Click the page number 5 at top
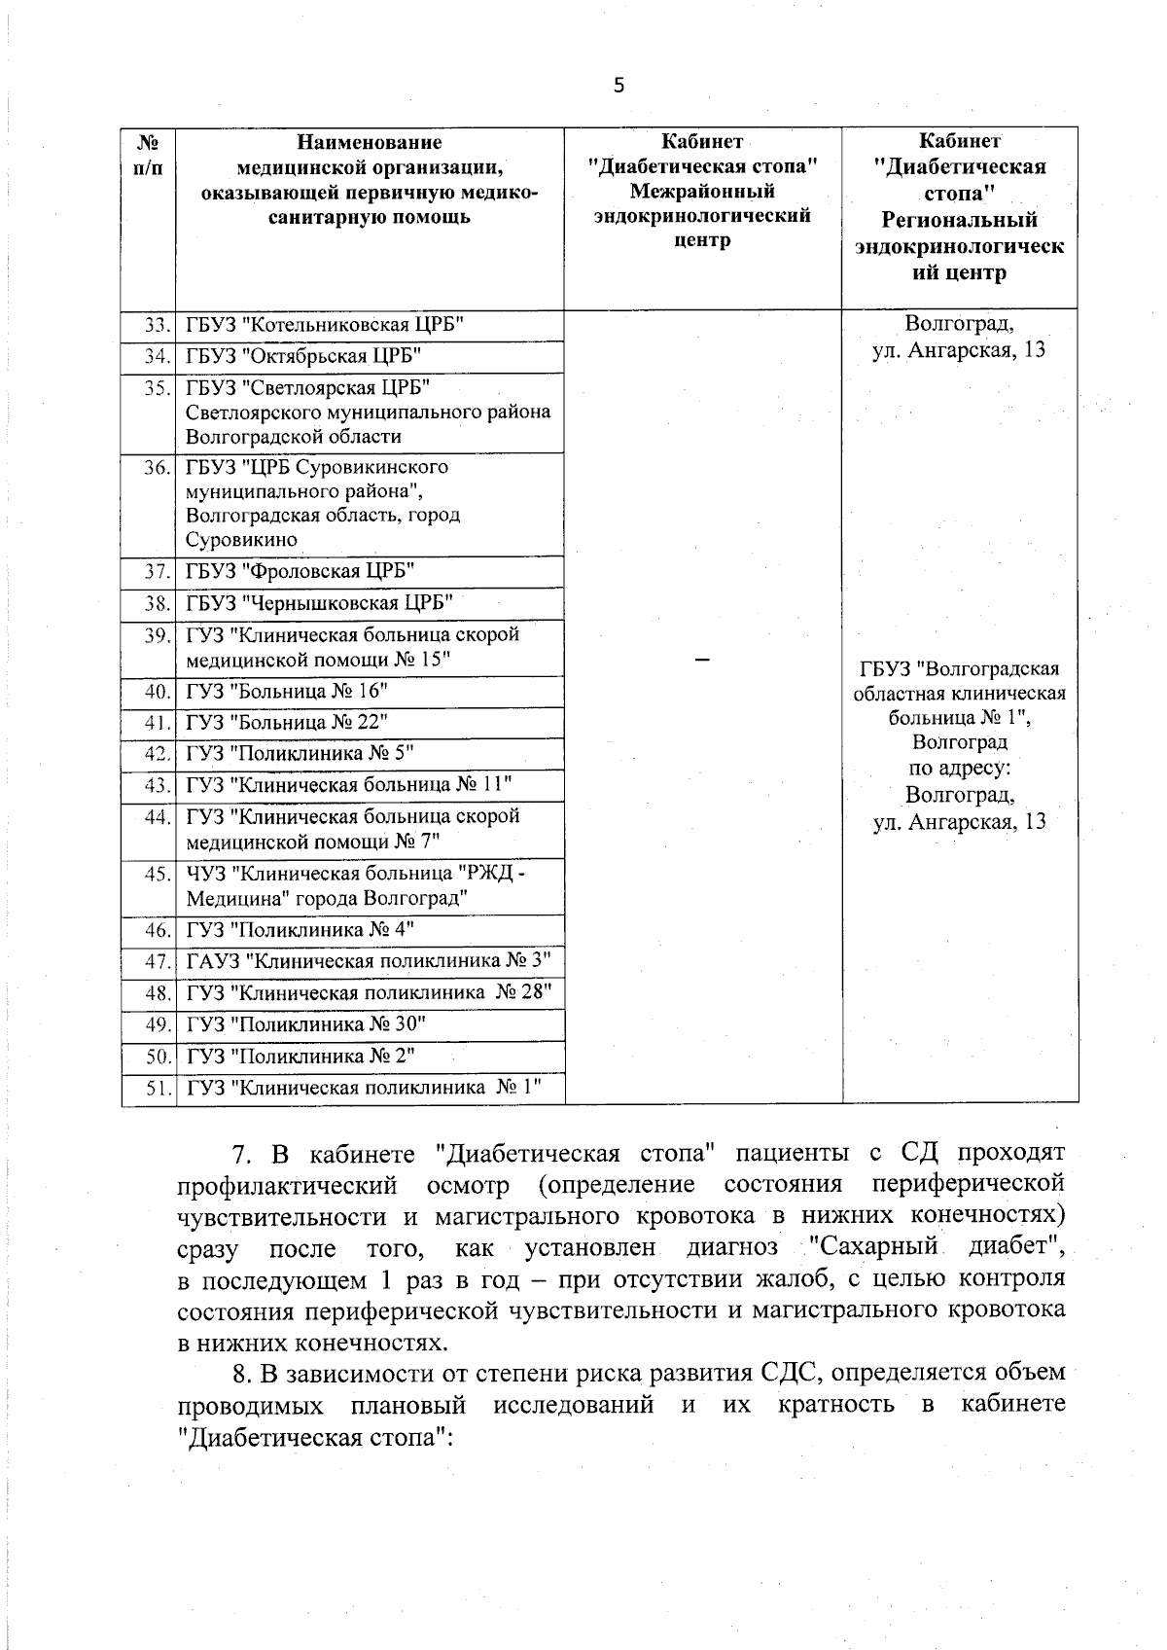coord(619,86)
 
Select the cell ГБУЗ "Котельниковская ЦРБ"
coord(370,325)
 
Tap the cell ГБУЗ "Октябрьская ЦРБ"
coord(370,356)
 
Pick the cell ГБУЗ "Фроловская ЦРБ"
coord(370,571)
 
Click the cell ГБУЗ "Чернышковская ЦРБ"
coord(370,603)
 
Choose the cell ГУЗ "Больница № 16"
coord(370,692)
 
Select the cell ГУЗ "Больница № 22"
coord(370,723)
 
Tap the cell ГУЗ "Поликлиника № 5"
coord(370,754)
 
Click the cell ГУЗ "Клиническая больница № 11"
coord(370,785)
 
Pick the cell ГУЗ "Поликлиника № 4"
coord(370,930)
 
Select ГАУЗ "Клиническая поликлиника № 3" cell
coord(370,962)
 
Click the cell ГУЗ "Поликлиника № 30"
coord(370,1024)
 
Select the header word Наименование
coord(369,142)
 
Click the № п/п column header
coord(148,155)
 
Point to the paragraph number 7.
coord(241,1155)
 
